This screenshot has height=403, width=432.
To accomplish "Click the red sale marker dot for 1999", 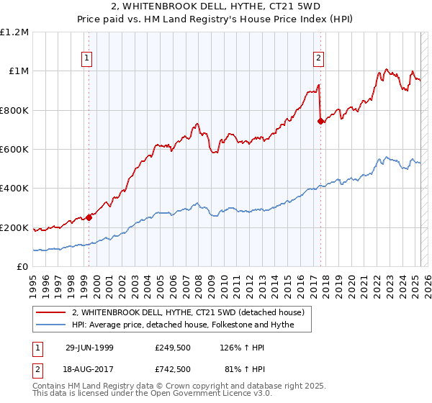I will tap(89, 217).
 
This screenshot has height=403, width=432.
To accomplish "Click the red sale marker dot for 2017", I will tap(320, 122).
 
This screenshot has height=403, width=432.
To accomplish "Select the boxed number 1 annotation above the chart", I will tap(86, 59).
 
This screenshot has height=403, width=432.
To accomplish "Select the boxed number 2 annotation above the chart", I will tap(318, 59).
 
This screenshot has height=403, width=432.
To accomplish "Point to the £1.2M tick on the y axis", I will tap(15, 32).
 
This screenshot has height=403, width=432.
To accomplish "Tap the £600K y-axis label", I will tap(15, 150).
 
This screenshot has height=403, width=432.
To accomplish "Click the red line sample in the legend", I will tap(50, 312).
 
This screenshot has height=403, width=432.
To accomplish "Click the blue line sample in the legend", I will tap(50, 325).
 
